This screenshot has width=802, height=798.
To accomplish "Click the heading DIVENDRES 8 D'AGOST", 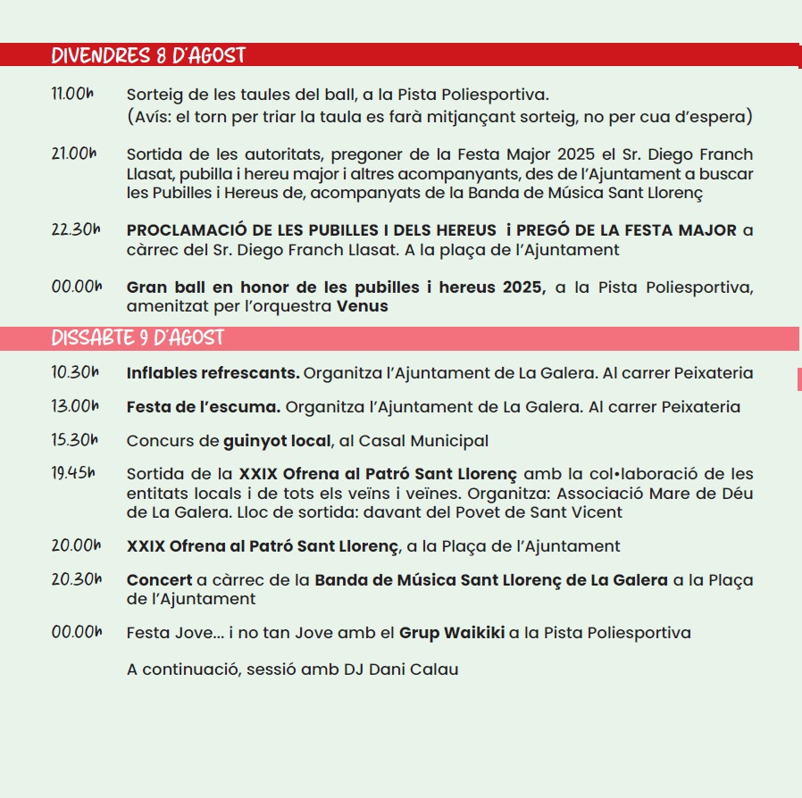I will pos(148,56).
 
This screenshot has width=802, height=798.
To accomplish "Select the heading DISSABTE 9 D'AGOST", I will pos(138,338).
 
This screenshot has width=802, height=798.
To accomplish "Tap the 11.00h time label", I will pos(73,94).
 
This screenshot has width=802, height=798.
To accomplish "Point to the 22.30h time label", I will pos(75,230).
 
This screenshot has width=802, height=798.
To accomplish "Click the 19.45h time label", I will pos(73,473).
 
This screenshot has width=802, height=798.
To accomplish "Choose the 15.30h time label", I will pos(75,440).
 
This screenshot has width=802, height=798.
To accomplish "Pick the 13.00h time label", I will pos(75,406).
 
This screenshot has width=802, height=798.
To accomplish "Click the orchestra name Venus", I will pos(363,306).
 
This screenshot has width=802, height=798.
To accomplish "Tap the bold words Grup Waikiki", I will pos(451,633).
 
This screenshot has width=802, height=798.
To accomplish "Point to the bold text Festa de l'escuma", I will pos(204,407).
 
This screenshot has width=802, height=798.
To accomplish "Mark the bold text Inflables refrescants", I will pos(213,373).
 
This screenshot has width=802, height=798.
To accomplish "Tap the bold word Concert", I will pos(159,579).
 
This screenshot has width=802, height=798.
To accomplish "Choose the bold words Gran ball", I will pos(163,287).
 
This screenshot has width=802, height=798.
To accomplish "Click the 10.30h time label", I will pos(75,372).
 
